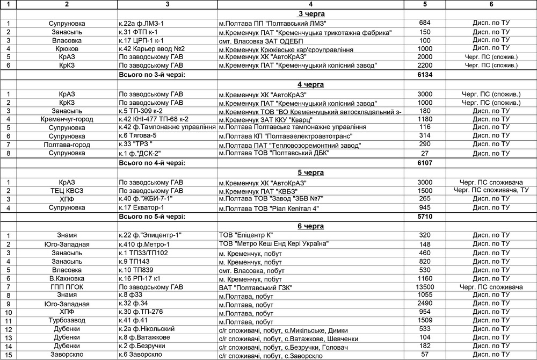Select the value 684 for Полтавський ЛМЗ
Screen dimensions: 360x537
[x=425, y=23]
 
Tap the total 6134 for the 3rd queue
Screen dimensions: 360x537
[x=425, y=75]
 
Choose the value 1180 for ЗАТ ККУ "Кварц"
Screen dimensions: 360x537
[x=425, y=119]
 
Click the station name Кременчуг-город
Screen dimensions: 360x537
[x=66, y=119]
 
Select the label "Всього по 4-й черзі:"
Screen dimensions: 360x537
[x=152, y=162]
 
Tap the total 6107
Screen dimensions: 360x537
[x=425, y=162]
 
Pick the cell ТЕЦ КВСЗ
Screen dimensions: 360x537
[x=66, y=191]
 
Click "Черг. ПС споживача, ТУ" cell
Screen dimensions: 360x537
[x=491, y=191]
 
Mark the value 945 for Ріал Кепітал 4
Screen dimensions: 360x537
[x=425, y=208]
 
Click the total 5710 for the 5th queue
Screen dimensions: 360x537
[x=425, y=217]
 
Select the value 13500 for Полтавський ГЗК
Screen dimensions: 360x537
[x=425, y=287]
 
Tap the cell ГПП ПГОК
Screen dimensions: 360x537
[x=66, y=287]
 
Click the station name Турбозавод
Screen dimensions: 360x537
[x=66, y=321]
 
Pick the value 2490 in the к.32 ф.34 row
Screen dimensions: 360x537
[x=425, y=304]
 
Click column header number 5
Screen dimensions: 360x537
[x=425, y=4]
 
